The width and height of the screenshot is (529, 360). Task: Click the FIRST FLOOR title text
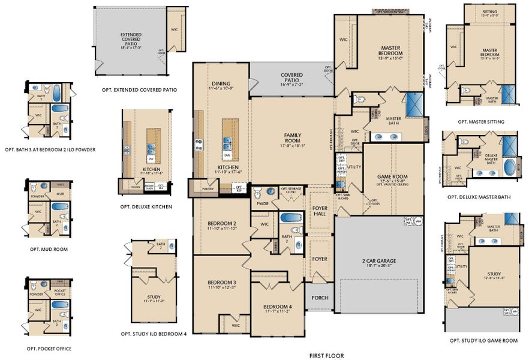326,355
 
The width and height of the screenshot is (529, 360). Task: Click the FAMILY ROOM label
292,139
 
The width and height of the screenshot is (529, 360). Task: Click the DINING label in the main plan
221,84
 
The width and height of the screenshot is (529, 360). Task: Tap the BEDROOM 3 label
221,282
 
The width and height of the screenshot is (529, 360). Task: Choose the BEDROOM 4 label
277,307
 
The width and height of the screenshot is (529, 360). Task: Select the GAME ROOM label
392,177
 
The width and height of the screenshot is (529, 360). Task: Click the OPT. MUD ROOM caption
48,248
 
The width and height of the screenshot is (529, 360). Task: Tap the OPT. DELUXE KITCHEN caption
146,206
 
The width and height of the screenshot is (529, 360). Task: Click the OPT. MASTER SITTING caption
480,122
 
